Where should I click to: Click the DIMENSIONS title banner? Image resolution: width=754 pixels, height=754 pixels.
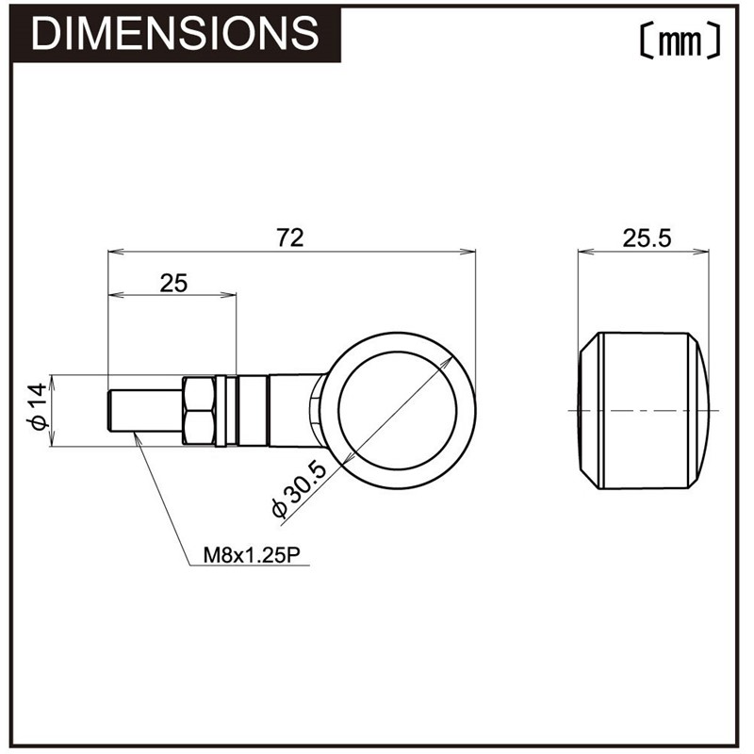(175, 35)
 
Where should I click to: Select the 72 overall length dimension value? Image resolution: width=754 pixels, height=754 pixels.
(290, 238)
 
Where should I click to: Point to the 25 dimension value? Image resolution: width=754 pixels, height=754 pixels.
(173, 284)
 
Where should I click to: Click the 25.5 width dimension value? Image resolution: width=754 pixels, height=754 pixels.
(647, 238)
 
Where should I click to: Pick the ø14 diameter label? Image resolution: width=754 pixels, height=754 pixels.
(38, 406)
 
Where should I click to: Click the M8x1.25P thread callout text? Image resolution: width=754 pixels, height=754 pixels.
(252, 555)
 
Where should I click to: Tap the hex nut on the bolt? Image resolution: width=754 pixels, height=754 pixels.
(199, 411)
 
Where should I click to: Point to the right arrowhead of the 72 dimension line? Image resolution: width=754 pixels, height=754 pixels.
(467, 252)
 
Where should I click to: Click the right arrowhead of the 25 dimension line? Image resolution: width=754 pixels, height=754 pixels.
(228, 294)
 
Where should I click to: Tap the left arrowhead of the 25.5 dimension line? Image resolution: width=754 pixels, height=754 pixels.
(585, 252)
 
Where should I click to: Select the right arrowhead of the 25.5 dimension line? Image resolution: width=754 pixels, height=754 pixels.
(701, 252)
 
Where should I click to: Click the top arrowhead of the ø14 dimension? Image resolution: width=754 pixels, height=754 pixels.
(52, 383)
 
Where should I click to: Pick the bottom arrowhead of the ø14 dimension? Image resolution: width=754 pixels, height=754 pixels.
(52, 438)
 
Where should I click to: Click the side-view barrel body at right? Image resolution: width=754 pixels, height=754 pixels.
(644, 411)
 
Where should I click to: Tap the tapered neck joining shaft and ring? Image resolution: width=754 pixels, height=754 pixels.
(293, 411)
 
